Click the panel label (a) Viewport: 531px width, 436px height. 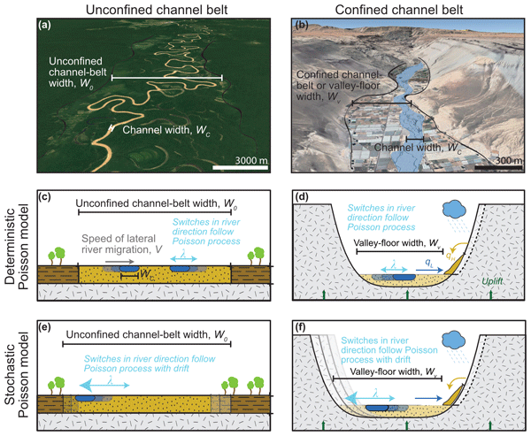pos(42,36)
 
